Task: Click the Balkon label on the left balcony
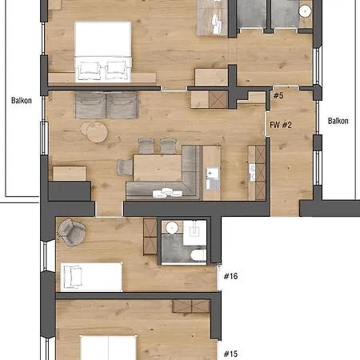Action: tap(22, 101)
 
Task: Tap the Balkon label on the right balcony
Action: tap(338, 121)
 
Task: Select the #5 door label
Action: tap(278, 95)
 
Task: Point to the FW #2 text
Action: tap(281, 125)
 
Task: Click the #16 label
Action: tap(230, 276)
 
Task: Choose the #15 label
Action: tap(230, 354)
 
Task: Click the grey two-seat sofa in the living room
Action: tap(106, 105)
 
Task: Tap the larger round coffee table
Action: tap(97, 132)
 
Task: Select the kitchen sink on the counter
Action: tap(213, 178)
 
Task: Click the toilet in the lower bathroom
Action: tap(198, 255)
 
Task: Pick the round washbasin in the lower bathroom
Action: tap(172, 228)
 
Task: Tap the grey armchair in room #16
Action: tap(71, 232)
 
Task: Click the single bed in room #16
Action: tap(91, 277)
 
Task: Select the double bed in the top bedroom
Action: tap(103, 52)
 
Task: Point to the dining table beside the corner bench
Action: tap(158, 168)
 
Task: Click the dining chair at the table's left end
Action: tap(125, 167)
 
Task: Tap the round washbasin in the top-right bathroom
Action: tap(305, 11)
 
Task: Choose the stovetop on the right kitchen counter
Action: tap(252, 173)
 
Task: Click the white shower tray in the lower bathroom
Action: tap(194, 233)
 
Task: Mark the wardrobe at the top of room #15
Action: tap(191, 306)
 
